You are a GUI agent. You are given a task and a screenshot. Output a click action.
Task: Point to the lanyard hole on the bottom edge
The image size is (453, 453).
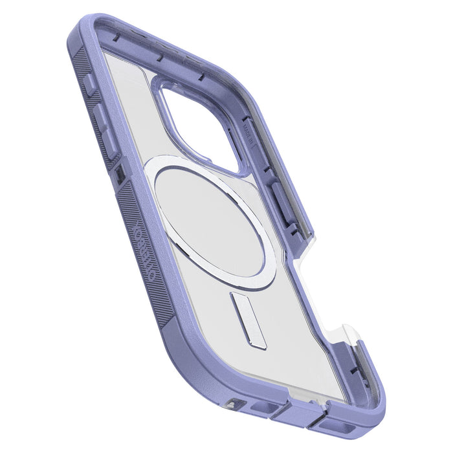pos(233,403)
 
